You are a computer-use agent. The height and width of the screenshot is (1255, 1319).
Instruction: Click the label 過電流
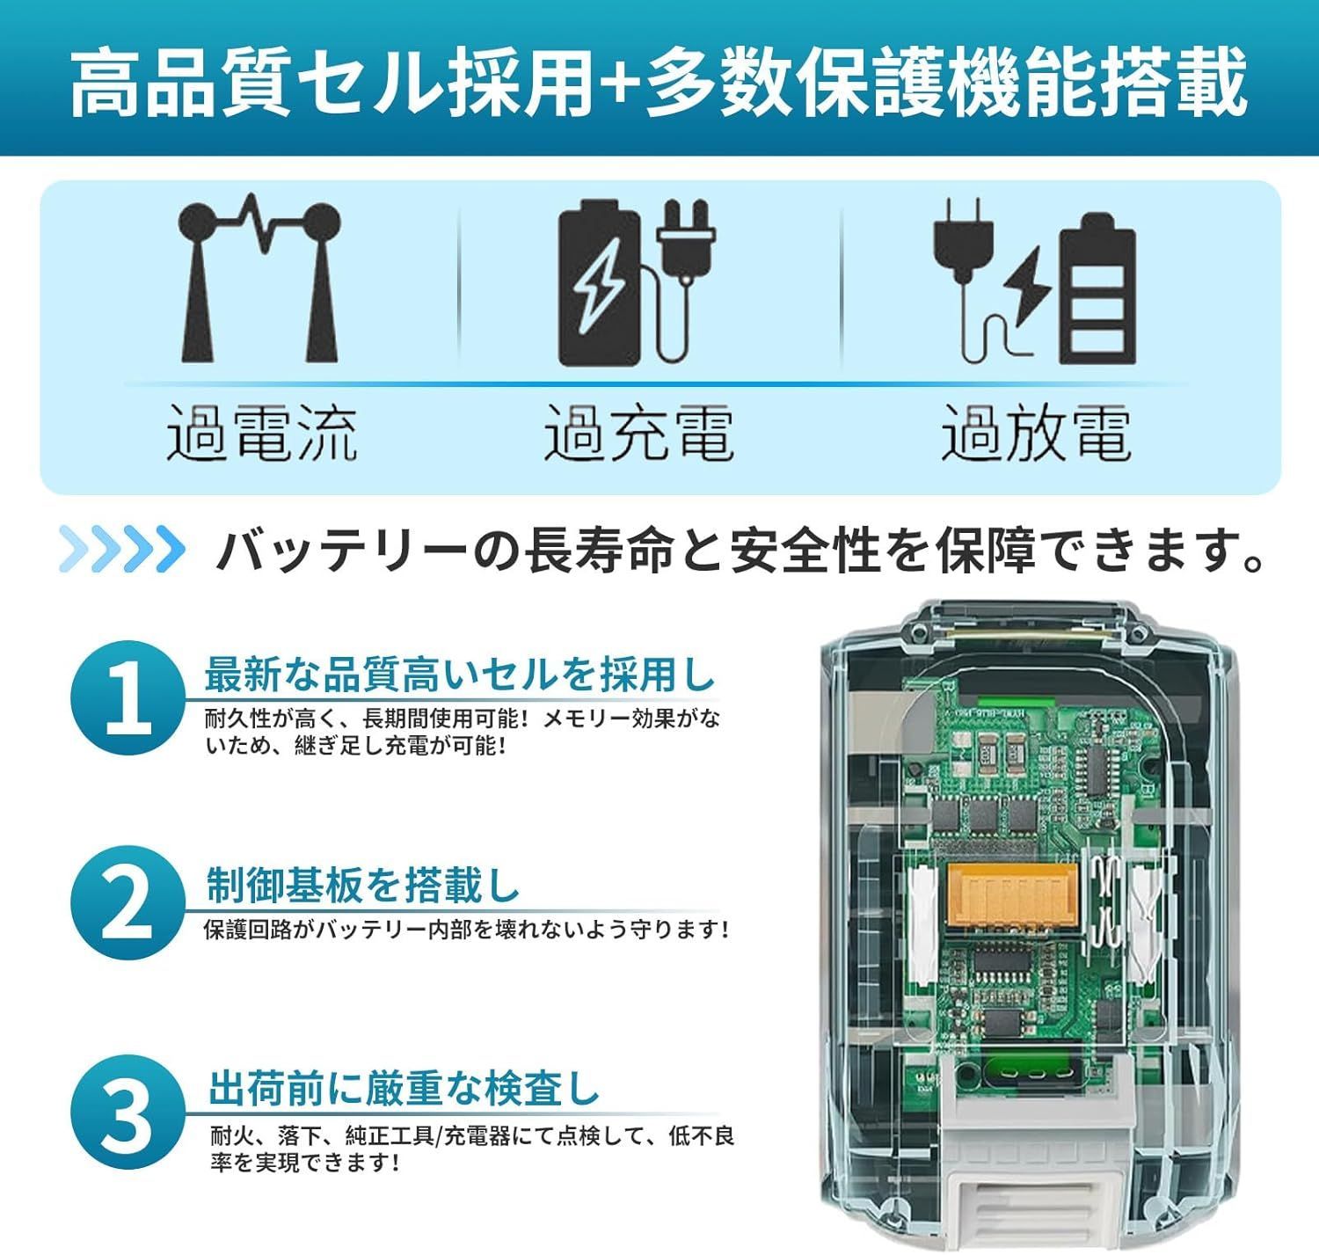[262, 434]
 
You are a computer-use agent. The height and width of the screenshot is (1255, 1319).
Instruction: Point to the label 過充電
[638, 434]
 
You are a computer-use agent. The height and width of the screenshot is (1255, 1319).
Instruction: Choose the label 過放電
[1036, 434]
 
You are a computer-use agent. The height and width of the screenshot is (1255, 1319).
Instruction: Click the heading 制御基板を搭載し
[363, 886]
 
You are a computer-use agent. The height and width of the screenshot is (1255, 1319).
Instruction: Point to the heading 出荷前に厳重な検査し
[404, 1090]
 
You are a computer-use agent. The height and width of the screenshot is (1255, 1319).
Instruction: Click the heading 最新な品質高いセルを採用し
[460, 675]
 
